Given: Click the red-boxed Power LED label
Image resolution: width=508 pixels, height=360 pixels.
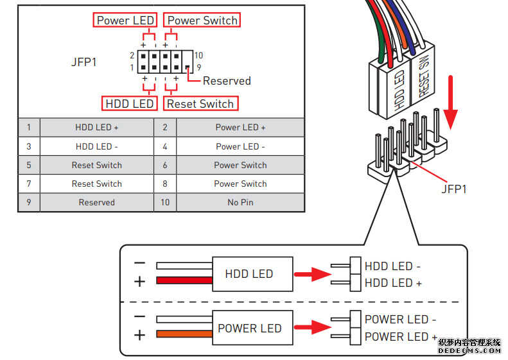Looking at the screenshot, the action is pyautogui.click(x=125, y=20).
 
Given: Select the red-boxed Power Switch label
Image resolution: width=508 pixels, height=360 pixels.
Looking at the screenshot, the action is pyautogui.click(x=202, y=20).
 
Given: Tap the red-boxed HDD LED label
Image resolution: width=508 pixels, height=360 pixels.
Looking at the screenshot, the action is pyautogui.click(x=130, y=103).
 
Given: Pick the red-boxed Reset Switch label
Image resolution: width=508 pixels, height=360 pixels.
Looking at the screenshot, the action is pyautogui.click(x=200, y=103).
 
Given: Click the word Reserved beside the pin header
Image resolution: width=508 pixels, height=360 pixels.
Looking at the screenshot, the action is pyautogui.click(x=227, y=81).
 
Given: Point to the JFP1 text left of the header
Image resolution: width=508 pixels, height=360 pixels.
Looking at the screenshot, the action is pyautogui.click(x=84, y=62).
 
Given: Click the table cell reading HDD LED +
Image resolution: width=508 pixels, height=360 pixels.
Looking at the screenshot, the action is pyautogui.click(x=97, y=127).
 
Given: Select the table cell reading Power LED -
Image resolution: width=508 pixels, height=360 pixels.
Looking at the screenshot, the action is pyautogui.click(x=240, y=146).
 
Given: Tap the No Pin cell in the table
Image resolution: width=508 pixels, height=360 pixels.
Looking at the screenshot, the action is pyautogui.click(x=240, y=202).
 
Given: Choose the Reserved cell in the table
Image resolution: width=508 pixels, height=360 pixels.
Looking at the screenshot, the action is pyautogui.click(x=97, y=202).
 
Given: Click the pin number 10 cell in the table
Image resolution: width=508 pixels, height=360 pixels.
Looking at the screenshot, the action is pyautogui.click(x=165, y=202).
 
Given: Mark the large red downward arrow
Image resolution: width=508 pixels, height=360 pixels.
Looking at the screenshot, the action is pyautogui.click(x=450, y=102).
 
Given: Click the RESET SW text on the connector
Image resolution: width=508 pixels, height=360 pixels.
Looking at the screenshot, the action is pyautogui.click(x=424, y=76).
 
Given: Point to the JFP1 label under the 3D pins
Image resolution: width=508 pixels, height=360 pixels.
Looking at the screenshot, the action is pyautogui.click(x=454, y=189).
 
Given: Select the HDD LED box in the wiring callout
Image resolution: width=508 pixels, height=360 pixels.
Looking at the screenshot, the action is pyautogui.click(x=252, y=274).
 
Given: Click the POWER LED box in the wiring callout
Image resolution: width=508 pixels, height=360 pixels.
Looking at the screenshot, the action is pyautogui.click(x=252, y=328).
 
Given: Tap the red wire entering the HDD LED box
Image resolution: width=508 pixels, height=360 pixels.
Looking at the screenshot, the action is pyautogui.click(x=184, y=280).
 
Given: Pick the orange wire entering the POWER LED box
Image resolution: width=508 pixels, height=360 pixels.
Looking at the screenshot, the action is pyautogui.click(x=184, y=334).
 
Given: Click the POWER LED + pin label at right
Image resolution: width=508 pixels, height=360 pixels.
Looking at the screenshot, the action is pyautogui.click(x=401, y=337).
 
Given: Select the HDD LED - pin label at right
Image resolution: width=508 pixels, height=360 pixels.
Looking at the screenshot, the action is pyautogui.click(x=392, y=266).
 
